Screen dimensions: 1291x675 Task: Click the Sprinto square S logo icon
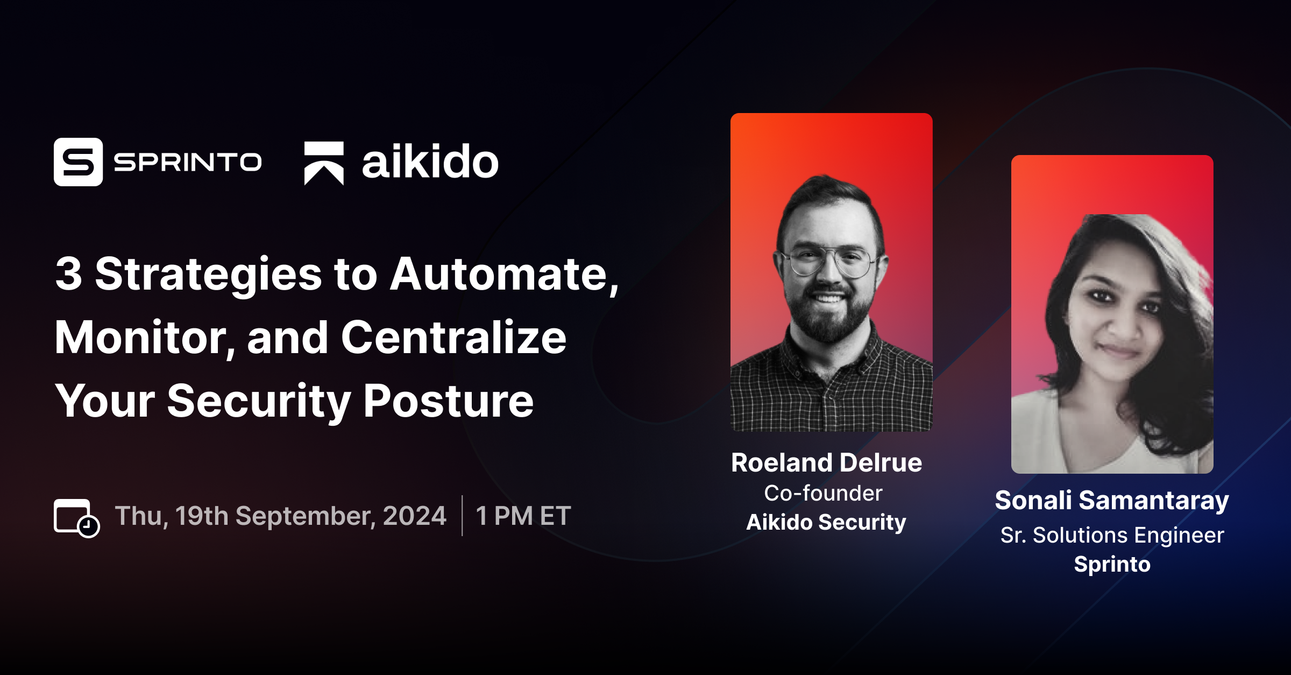pyautogui.click(x=78, y=161)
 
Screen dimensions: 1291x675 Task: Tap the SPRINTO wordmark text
pyautogui.click(x=188, y=161)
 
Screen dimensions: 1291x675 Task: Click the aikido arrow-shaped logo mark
pyautogui.click(x=324, y=163)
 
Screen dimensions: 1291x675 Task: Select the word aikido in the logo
pyautogui.click(x=430, y=161)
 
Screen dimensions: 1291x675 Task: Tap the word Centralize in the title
pyautogui.click(x=453, y=337)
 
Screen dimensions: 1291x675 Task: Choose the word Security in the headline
pyautogui.click(x=259, y=402)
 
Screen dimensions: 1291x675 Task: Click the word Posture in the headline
pyautogui.click(x=449, y=401)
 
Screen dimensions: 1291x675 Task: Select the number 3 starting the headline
pyautogui.click(x=69, y=274)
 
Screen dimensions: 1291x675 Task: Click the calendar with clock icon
pyautogui.click(x=77, y=518)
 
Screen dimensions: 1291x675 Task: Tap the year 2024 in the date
pyautogui.click(x=414, y=516)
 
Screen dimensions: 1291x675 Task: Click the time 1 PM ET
pyautogui.click(x=523, y=516)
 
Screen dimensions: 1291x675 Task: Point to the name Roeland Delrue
pyautogui.click(x=827, y=462)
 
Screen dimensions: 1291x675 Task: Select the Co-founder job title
pyautogui.click(x=823, y=493)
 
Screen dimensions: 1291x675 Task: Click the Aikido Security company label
pyautogui.click(x=826, y=522)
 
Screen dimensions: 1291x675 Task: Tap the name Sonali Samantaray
pyautogui.click(x=1112, y=501)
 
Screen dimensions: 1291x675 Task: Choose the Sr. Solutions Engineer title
pyautogui.click(x=1112, y=535)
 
